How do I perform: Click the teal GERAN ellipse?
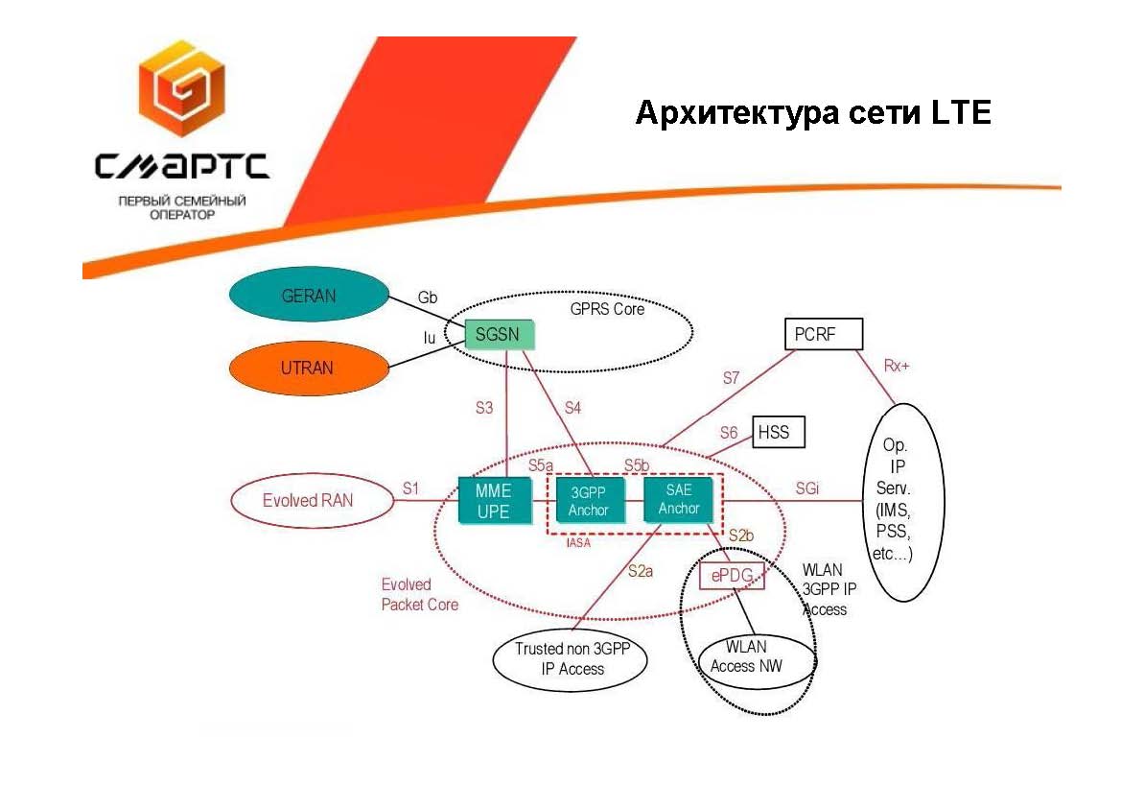[309, 297]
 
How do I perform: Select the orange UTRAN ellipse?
[309, 368]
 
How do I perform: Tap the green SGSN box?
[499, 335]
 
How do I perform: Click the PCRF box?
[823, 334]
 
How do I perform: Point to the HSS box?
[779, 432]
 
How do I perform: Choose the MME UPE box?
[494, 500]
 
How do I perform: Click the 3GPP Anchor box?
[589, 500]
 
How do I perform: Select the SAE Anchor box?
[680, 499]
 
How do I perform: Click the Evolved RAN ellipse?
[308, 500]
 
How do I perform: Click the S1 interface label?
[410, 488]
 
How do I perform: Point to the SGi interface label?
[807, 488]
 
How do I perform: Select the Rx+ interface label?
[897, 366]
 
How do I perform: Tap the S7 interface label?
[732, 378]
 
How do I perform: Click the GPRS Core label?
[607, 309]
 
